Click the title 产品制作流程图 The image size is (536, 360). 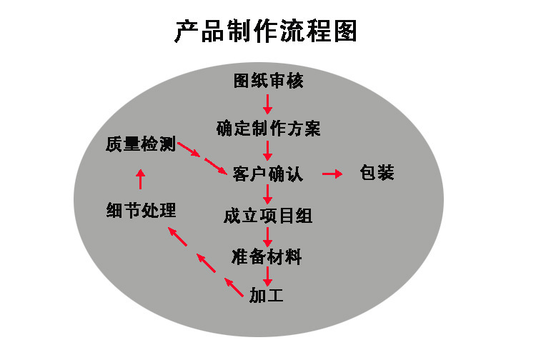[x=266, y=31]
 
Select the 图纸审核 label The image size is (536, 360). [x=268, y=81]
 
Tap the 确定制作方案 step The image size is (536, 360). [x=268, y=129]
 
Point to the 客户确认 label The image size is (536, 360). [x=268, y=174]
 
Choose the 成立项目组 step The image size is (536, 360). [x=268, y=216]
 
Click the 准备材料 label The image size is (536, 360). [x=267, y=257]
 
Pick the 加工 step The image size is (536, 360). [x=267, y=295]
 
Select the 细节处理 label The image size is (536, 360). [x=142, y=210]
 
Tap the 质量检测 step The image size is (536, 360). [x=141, y=144]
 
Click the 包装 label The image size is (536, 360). [x=377, y=172]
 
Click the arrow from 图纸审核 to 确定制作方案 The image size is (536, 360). [x=268, y=104]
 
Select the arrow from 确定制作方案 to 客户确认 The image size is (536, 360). [x=268, y=151]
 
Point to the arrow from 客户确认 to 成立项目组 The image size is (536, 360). [x=268, y=194]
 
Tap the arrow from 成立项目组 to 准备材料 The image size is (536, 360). [x=268, y=236]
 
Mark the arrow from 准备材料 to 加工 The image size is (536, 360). [x=268, y=276]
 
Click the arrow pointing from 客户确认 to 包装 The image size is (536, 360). [x=332, y=174]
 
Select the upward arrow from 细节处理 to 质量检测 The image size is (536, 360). [x=141, y=179]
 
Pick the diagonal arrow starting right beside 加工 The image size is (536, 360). [x=234, y=287]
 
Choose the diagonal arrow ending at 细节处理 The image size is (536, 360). [x=177, y=236]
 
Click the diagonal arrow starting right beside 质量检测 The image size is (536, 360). [x=189, y=149]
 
